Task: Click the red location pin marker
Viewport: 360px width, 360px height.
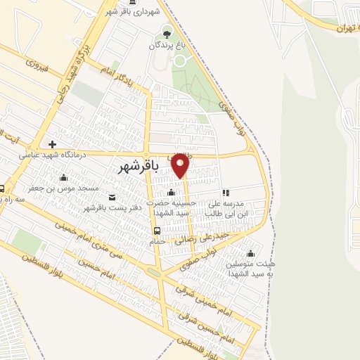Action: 181,165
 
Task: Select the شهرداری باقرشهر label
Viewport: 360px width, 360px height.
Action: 139,12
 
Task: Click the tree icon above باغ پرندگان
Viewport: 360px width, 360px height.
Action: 166,32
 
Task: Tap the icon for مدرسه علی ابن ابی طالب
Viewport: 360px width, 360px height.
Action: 226,192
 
